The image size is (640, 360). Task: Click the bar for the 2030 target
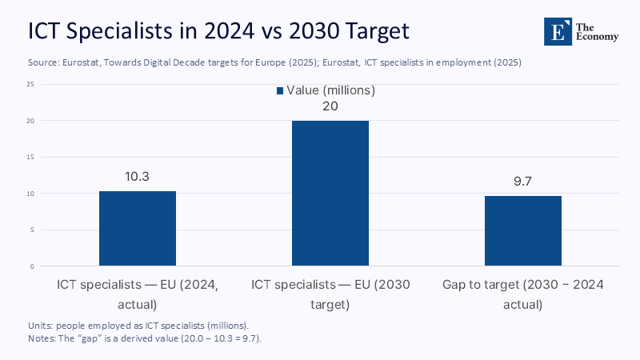(x=330, y=194)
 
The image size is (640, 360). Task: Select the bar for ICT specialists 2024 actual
(x=138, y=229)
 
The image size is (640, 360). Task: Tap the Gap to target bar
(x=522, y=231)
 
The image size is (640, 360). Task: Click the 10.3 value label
(x=138, y=176)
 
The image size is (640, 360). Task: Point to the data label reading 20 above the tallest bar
(x=330, y=106)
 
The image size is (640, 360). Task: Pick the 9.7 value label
(x=522, y=181)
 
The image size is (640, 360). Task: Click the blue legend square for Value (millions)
(x=280, y=91)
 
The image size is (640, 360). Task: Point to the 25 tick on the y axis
(x=30, y=84)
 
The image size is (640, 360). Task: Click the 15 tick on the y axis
(x=30, y=157)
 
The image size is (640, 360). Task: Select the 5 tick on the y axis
(x=31, y=230)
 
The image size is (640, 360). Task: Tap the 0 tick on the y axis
(x=31, y=266)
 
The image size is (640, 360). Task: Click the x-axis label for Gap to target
(x=522, y=294)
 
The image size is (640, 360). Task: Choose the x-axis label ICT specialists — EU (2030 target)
(x=330, y=294)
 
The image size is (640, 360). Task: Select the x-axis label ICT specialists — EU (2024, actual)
(x=138, y=294)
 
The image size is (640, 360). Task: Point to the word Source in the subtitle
(x=42, y=62)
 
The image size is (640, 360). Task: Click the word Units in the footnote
(x=39, y=326)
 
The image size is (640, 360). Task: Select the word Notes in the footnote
(x=41, y=338)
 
